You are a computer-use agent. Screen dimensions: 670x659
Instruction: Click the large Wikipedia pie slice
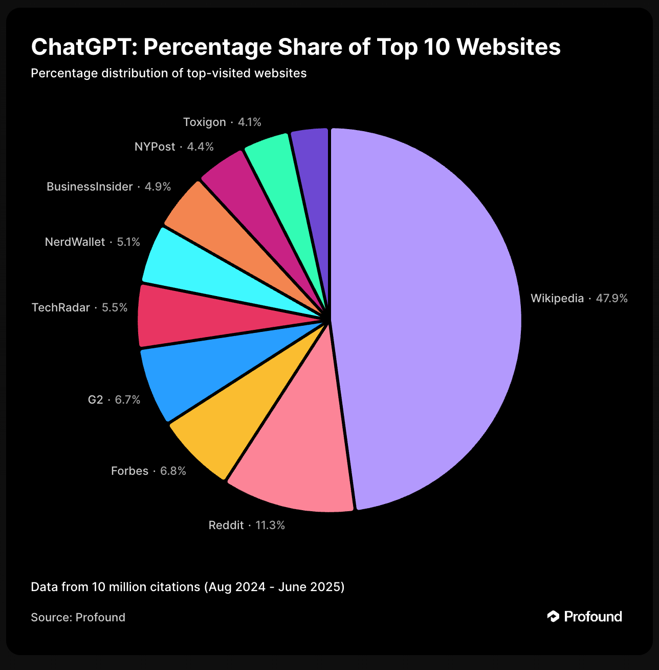tap(425, 318)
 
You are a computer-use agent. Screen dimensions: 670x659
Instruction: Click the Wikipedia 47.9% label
tap(579, 298)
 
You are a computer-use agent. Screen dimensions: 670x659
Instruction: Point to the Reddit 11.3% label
tap(247, 525)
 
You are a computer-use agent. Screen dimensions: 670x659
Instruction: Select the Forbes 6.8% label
tap(148, 471)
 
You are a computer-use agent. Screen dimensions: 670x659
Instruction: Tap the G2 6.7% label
tap(114, 400)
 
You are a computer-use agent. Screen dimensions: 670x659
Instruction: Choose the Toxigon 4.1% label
tap(222, 122)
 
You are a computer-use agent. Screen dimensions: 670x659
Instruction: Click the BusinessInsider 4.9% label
tap(108, 186)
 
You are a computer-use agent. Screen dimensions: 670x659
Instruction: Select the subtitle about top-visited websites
tap(168, 73)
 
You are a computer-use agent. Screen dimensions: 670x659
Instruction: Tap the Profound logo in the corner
tap(585, 616)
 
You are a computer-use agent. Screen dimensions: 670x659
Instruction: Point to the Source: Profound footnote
tap(78, 617)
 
